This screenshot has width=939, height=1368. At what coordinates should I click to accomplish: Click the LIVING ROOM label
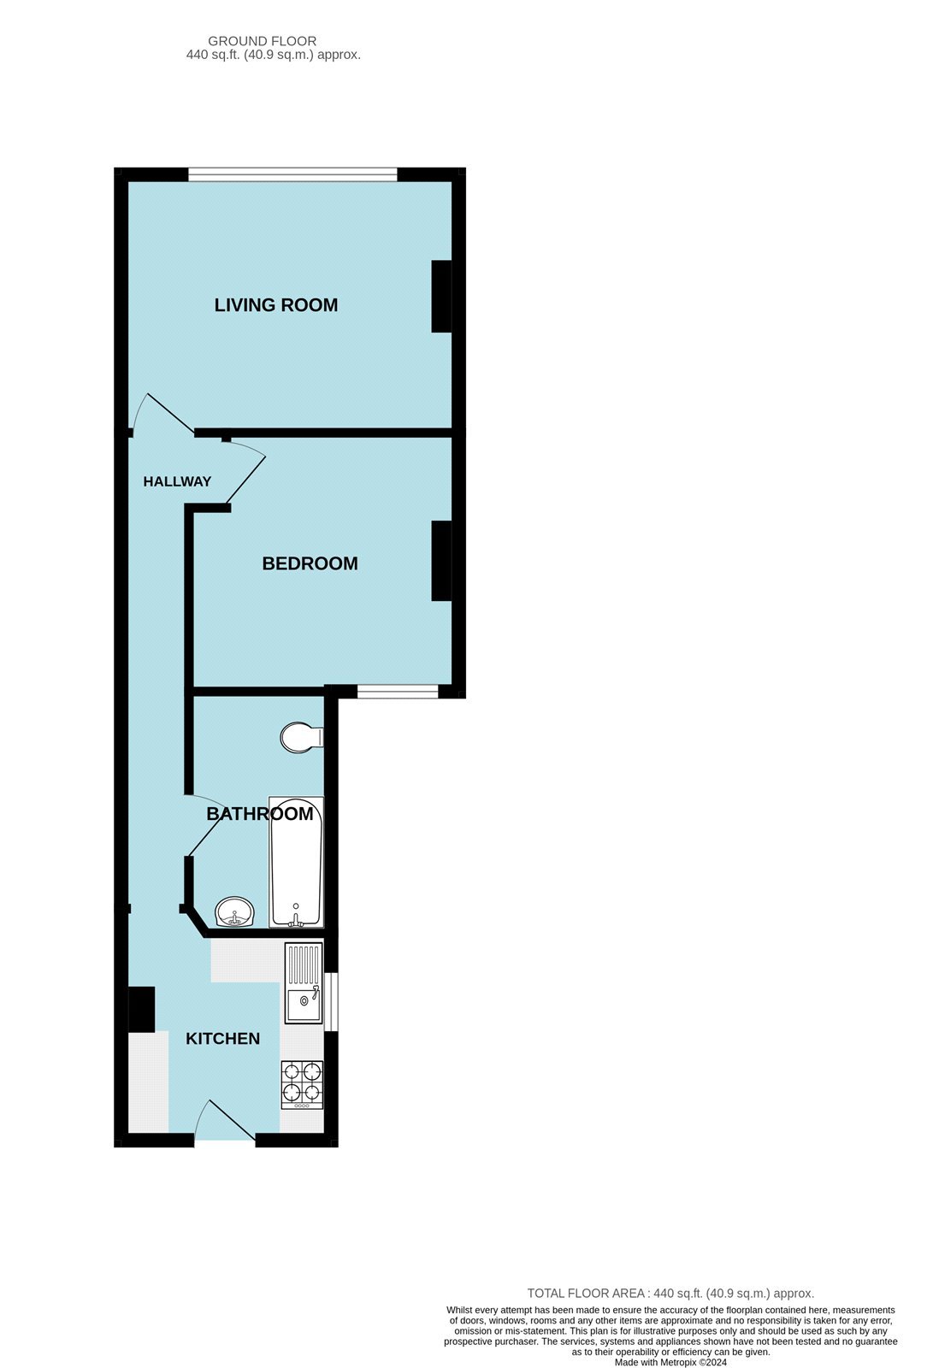coord(275,304)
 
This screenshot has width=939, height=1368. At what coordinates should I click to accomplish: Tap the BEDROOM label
coord(310,563)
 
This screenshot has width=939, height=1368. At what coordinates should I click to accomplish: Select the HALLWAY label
coord(177,481)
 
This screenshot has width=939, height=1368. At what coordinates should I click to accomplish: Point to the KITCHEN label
coord(222,1038)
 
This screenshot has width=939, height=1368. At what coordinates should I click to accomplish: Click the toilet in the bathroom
coord(301,738)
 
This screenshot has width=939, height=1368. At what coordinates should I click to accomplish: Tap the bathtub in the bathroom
coord(296,862)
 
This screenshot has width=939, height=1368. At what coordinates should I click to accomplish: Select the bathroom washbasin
coord(234,912)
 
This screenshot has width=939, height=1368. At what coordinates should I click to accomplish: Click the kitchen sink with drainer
coord(304,983)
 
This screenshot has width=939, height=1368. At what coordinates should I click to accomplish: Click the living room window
coord(292,174)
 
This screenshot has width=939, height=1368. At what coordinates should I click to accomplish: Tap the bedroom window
coord(398,692)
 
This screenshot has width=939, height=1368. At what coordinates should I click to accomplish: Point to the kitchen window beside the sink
coord(330,1001)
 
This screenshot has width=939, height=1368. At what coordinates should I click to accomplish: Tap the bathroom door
coord(205,825)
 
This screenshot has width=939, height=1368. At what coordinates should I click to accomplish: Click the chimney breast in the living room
coord(441,296)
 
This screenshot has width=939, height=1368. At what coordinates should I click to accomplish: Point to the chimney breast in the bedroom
coord(441,561)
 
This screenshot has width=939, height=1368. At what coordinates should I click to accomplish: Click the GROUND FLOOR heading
coord(262,41)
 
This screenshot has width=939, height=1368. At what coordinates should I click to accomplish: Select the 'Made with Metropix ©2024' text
coord(670,1362)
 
